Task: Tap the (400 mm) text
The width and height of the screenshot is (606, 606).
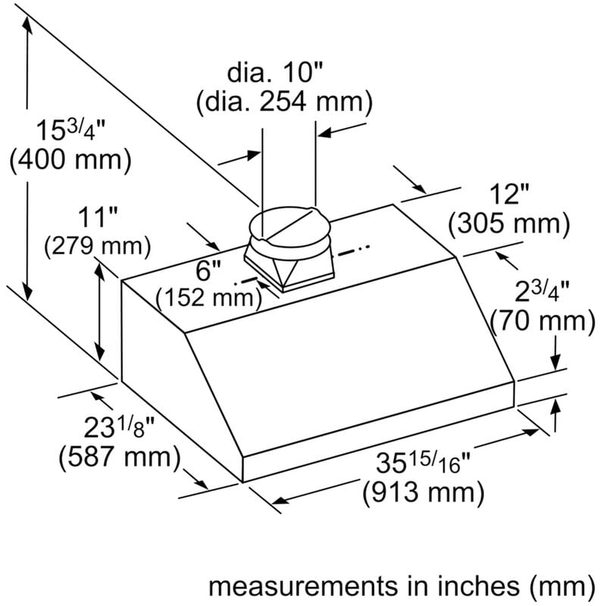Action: (x=70, y=158)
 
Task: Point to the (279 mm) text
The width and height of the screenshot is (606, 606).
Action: (x=98, y=245)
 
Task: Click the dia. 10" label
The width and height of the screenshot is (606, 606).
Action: (x=275, y=72)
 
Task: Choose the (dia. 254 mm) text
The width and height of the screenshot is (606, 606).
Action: (x=285, y=102)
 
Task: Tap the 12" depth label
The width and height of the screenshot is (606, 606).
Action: (x=508, y=194)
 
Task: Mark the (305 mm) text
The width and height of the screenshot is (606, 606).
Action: (x=509, y=223)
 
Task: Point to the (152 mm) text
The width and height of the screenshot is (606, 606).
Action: (x=209, y=298)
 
